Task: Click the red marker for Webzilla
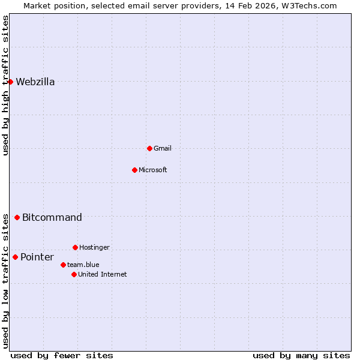[x=10, y=82]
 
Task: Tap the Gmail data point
[x=149, y=148]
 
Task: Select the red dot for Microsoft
[x=134, y=170]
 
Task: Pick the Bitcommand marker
[x=17, y=217]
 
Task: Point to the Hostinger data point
[x=75, y=247]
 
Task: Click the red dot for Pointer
[x=15, y=257]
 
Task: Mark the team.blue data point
[x=63, y=265]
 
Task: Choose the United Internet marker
[x=74, y=274]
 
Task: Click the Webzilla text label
[x=35, y=82]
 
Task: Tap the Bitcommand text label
[x=52, y=218]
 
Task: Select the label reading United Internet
[x=102, y=275]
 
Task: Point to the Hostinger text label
[x=94, y=248]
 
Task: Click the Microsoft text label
[x=152, y=170]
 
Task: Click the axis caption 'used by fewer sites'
[x=62, y=355]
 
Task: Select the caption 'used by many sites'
[x=301, y=355]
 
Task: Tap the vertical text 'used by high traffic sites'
[x=6, y=86]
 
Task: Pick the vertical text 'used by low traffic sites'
[x=6, y=281]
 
